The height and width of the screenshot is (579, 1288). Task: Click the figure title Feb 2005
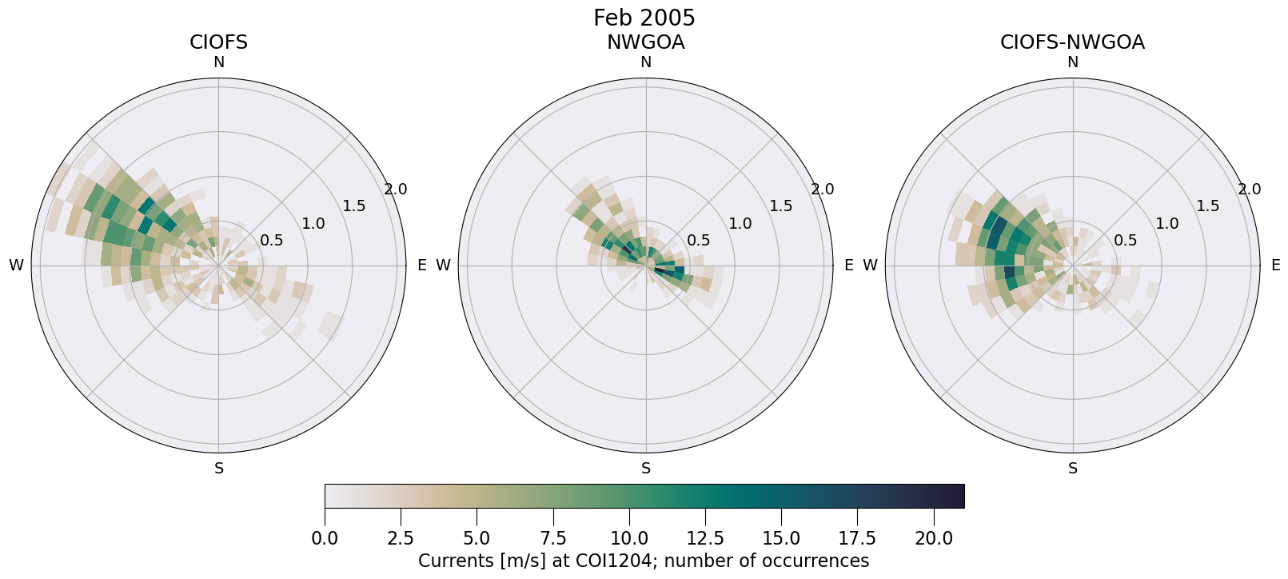[644, 18]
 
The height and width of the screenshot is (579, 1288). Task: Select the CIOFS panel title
[218, 42]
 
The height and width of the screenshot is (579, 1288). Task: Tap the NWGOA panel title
[645, 42]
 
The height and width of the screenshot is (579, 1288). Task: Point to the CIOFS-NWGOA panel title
[1072, 42]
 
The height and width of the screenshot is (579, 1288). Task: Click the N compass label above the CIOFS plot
[218, 62]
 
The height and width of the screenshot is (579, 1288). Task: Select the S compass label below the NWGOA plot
[646, 469]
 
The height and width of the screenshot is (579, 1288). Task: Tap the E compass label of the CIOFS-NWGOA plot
[1275, 266]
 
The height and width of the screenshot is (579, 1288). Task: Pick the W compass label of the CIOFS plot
[16, 266]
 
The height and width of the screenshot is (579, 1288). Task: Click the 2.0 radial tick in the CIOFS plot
[395, 190]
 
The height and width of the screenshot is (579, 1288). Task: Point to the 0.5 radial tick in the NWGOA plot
[698, 241]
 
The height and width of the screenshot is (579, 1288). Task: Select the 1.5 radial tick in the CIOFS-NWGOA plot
[1207, 206]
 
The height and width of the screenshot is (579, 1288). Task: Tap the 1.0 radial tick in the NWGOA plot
[740, 224]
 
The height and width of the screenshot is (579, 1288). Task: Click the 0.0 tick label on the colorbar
[325, 538]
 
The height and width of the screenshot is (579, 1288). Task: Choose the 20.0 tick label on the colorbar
[934, 538]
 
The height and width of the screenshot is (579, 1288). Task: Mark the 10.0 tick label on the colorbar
[629, 538]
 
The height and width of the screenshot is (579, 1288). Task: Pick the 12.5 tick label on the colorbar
[705, 538]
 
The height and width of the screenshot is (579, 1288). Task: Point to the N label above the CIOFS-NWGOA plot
[1073, 62]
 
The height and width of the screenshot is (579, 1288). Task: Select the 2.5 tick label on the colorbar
[401, 538]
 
